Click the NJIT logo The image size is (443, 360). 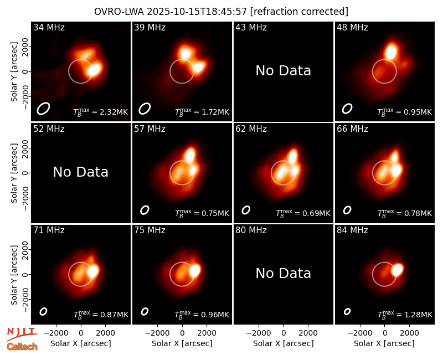pos(22,334)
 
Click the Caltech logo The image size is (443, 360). pos(22,347)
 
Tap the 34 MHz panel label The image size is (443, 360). pos(49,27)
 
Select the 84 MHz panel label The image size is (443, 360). pos(352,230)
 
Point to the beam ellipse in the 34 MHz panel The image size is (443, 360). pos(43,109)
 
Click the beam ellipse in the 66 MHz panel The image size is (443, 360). pos(347,210)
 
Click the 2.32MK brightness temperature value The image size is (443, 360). pos(110,112)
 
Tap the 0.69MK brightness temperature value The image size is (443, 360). pos(312,213)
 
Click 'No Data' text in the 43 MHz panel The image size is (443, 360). pos(284,71)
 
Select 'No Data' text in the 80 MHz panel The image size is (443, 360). pos(284,273)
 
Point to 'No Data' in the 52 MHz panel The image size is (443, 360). pos(81,172)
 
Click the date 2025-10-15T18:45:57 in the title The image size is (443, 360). pos(197,12)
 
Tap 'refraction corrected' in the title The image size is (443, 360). pos(300,12)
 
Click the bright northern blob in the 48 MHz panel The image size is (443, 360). pos(392,52)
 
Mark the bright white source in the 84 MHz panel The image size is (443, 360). pos(397,270)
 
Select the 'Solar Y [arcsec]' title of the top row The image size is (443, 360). pos(14,72)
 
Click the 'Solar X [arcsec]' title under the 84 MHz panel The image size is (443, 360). pos(384,343)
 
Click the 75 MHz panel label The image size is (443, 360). pos(150,230)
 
